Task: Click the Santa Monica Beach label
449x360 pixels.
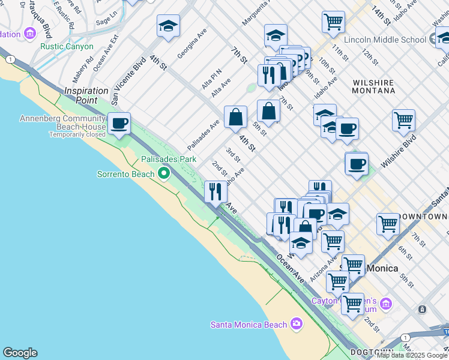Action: [249, 325]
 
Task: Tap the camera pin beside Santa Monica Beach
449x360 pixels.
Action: [296, 325]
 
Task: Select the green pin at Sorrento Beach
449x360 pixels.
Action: [164, 174]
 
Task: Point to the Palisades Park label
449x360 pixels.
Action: [169, 160]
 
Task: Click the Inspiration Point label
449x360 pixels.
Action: [86, 95]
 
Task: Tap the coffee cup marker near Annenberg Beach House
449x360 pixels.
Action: [119, 124]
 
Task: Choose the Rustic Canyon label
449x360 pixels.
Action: [67, 46]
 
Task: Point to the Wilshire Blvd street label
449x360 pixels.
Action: [398, 153]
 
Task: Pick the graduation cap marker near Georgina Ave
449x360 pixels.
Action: [169, 26]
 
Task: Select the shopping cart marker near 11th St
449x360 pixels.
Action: [333, 23]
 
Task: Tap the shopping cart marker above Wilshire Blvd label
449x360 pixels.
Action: [404, 120]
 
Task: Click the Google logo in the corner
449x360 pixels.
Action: [20, 353]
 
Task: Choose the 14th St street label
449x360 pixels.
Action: [381, 16]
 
